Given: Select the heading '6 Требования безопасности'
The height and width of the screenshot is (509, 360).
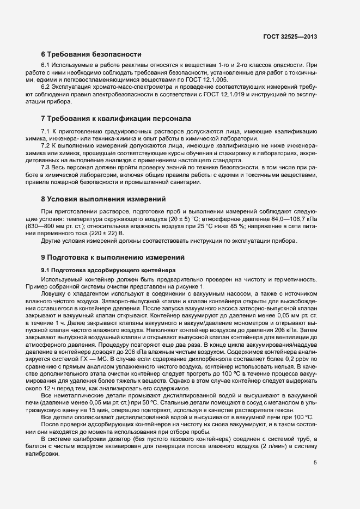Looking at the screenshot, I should click(91, 54).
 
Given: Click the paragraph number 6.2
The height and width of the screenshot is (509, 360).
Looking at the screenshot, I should click(46, 88).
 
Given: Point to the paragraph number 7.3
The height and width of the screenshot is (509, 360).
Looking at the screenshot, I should click(46, 168).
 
